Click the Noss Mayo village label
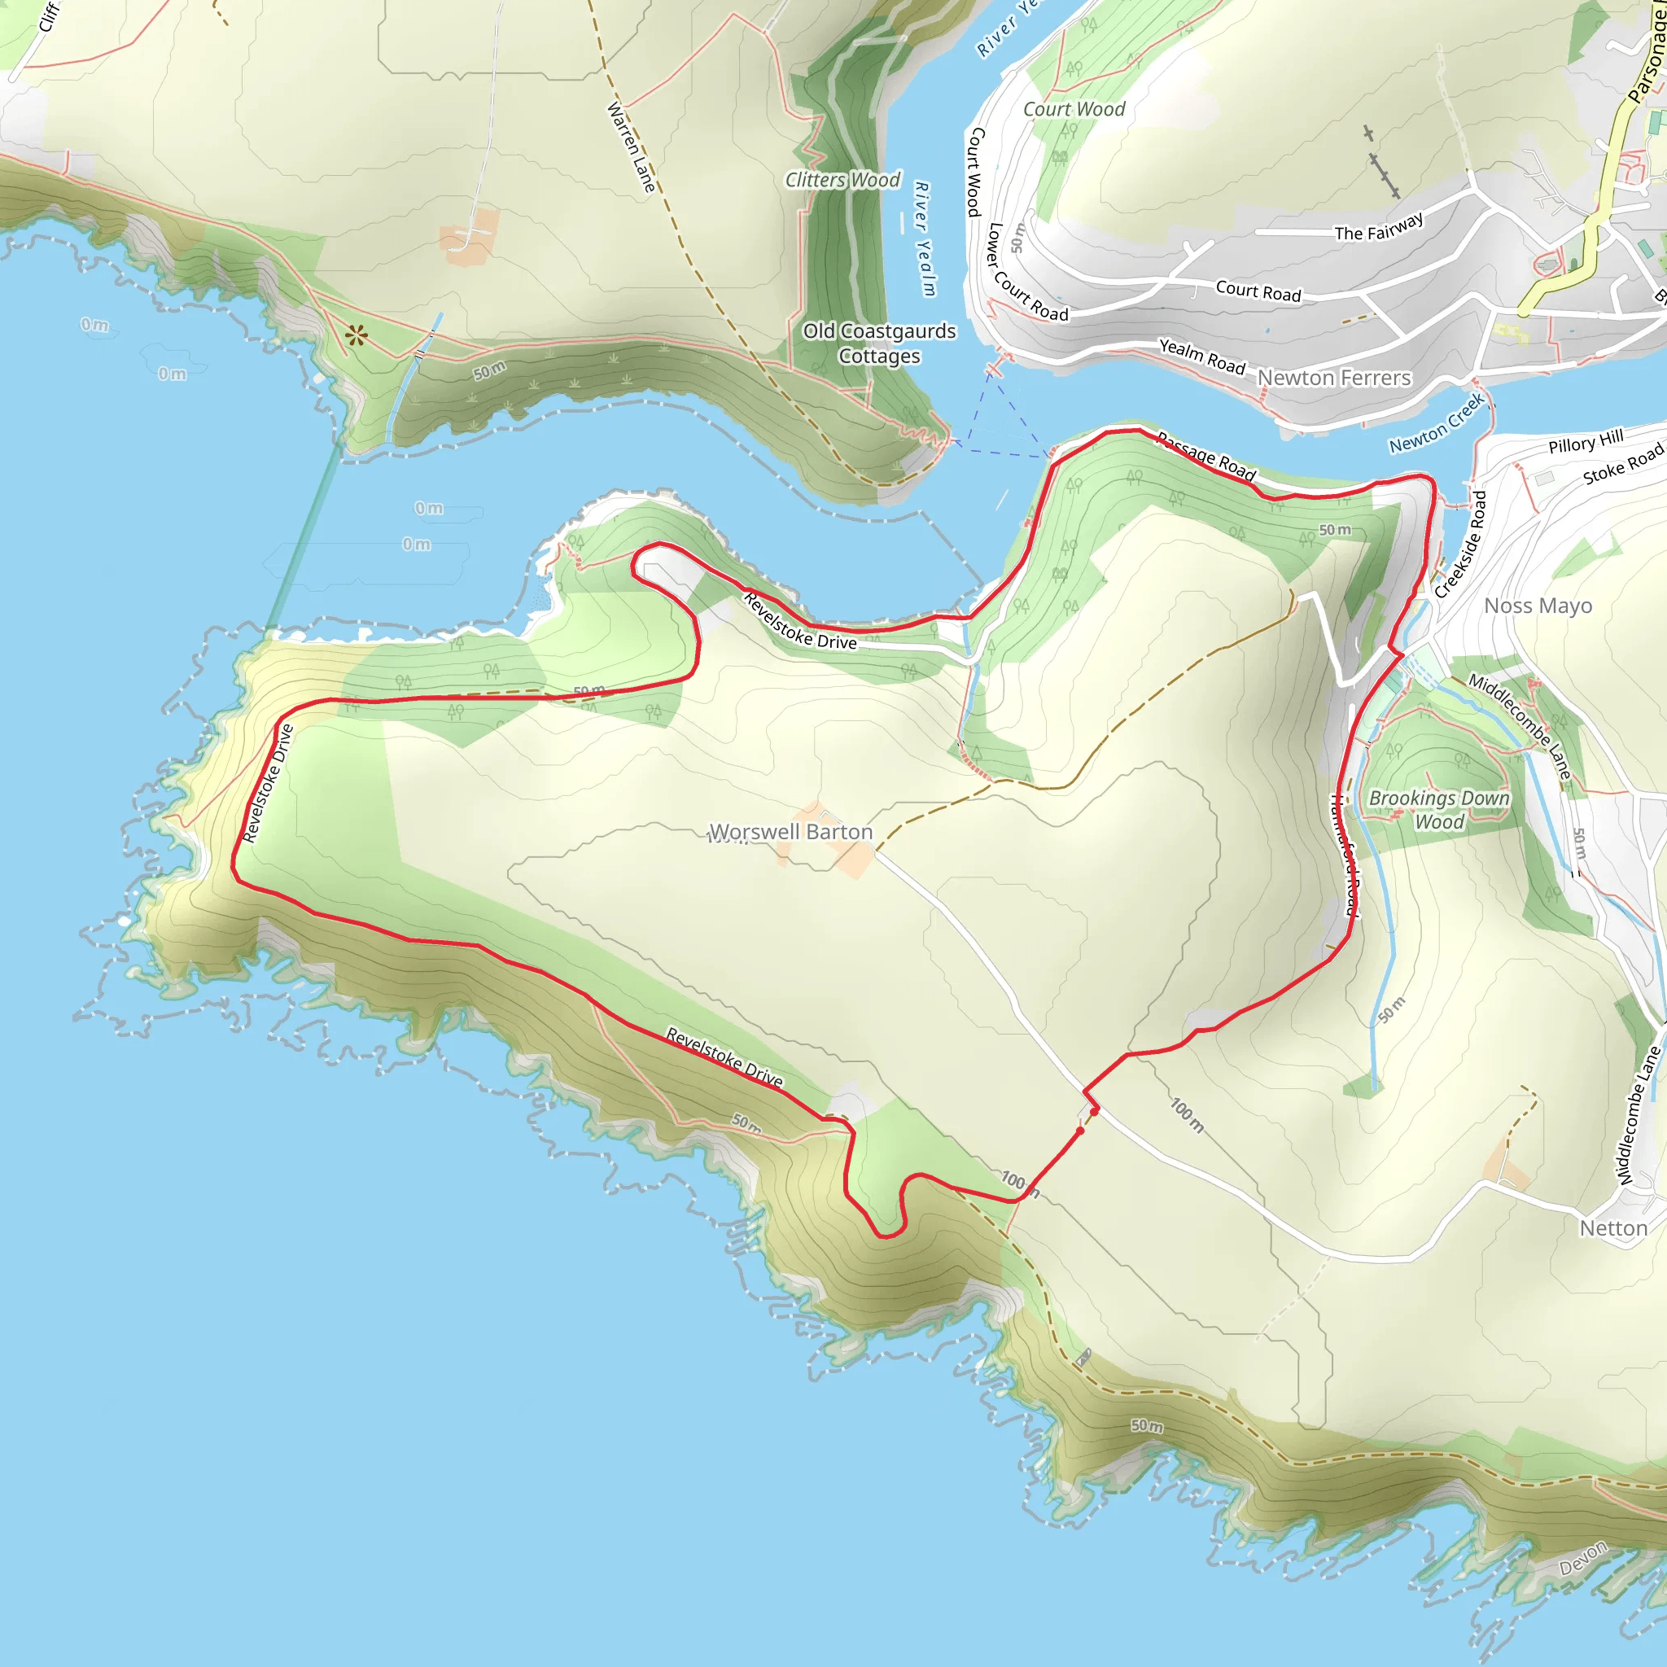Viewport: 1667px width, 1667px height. pyautogui.click(x=1538, y=606)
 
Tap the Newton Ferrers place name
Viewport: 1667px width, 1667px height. pyautogui.click(x=1334, y=378)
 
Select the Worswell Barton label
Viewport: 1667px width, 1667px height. pyautogui.click(x=790, y=832)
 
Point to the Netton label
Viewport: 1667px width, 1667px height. pyautogui.click(x=1613, y=1227)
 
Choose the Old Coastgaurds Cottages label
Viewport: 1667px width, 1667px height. pyautogui.click(x=879, y=343)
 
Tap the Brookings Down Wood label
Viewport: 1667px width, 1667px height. pyautogui.click(x=1439, y=810)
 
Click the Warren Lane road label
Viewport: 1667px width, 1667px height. pyautogui.click(x=632, y=147)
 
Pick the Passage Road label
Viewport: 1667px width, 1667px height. pyautogui.click(x=1206, y=457)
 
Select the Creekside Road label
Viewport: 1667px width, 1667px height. pyautogui.click(x=1461, y=545)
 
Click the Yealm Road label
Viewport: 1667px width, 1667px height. pyautogui.click(x=1202, y=357)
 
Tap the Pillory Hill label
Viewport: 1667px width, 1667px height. pyautogui.click(x=1586, y=441)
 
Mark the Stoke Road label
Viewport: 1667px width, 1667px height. pyautogui.click(x=1622, y=465)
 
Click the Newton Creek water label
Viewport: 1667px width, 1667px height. pyautogui.click(x=1437, y=422)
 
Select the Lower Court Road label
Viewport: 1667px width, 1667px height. pyautogui.click(x=1026, y=274)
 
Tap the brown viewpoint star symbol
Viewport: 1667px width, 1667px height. pyautogui.click(x=357, y=335)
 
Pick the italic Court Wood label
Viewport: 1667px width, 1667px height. pyautogui.click(x=1074, y=110)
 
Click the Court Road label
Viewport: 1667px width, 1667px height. pyautogui.click(x=1258, y=291)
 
